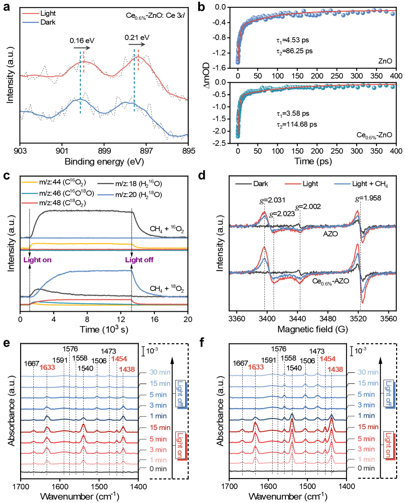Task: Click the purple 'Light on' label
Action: tap(38, 260)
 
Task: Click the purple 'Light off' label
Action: tap(139, 260)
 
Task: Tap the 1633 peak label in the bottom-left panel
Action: tap(47, 367)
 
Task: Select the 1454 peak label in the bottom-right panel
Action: tap(328, 359)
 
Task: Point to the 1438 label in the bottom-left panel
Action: tap(127, 369)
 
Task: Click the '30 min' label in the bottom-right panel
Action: tap(368, 372)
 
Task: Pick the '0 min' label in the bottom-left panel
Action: tap(158, 469)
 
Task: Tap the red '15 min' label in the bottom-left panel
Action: tap(160, 427)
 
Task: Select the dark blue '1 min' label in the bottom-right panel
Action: tap(366, 416)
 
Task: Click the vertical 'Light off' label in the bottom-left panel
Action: tap(180, 394)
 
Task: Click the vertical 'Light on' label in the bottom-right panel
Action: tap(389, 445)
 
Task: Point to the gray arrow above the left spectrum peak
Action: tap(82, 48)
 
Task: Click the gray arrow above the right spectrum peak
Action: tap(137, 44)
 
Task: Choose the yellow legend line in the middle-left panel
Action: tap(30, 183)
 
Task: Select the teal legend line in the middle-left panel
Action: tap(30, 193)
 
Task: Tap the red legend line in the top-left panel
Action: tap(31, 14)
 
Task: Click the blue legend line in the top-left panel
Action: tap(31, 23)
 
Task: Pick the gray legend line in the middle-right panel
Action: tap(244, 184)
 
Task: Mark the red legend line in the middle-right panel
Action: tap(293, 184)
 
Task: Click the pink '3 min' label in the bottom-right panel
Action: tap(366, 449)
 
